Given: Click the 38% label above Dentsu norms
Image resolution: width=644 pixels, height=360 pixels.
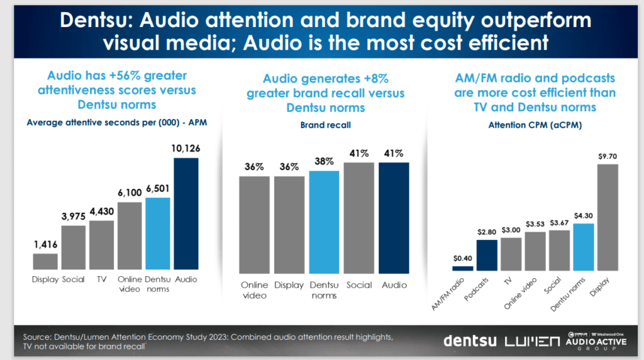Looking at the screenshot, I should (x=324, y=162).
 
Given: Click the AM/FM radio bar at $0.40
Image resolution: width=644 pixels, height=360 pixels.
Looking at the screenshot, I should (x=462, y=267).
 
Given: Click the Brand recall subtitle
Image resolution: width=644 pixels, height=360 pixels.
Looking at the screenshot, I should (x=325, y=125).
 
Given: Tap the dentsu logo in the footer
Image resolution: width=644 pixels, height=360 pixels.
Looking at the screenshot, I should (x=470, y=341).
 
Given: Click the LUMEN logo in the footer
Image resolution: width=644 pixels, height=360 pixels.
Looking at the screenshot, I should (x=532, y=341).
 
